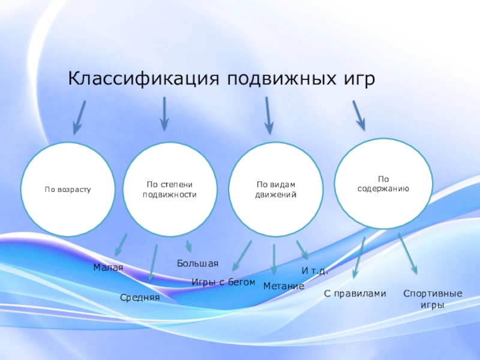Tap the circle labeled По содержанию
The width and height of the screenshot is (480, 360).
(383, 184)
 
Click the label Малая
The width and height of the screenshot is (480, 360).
(108, 268)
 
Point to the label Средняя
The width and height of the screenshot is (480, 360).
(140, 296)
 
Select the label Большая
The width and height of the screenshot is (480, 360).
(197, 263)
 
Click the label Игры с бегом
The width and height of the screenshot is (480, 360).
(223, 282)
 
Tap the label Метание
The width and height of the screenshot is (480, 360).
(284, 287)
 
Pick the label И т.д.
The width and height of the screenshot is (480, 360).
(314, 271)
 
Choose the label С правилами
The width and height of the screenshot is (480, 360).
(355, 293)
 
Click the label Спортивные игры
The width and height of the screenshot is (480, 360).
(433, 299)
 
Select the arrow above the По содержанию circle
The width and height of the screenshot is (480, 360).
(358, 115)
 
